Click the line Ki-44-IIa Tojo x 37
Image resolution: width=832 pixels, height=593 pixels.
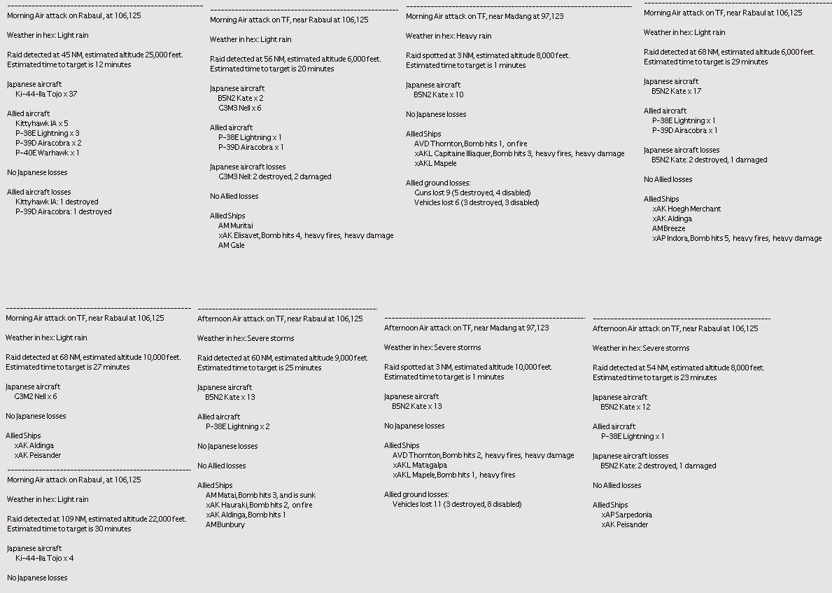[46, 94]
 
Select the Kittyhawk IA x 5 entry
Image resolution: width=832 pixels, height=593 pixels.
[42, 123]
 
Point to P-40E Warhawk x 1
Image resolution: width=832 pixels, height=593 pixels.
[48, 153]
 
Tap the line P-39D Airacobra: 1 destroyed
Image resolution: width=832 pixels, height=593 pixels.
[63, 211]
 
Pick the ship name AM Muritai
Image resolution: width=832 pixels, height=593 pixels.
[236, 225]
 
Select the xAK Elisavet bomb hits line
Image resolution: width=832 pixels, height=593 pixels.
[306, 235]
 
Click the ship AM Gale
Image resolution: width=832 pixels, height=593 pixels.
[231, 245]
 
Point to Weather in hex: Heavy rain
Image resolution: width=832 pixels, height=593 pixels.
[449, 36]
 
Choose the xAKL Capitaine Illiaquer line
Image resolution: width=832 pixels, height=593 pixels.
[519, 153]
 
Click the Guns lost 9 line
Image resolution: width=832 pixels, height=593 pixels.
[472, 193]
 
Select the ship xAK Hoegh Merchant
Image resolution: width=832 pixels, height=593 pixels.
[686, 209]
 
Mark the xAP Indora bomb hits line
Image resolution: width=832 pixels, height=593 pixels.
[737, 238]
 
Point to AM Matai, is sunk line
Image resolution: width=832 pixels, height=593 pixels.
[255, 495]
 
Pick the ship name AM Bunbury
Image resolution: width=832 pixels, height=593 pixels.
[225, 524]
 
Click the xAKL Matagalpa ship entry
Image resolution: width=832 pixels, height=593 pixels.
[420, 465]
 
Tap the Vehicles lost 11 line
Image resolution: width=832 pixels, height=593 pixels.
[457, 504]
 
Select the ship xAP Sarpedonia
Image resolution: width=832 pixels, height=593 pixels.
[626, 515]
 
